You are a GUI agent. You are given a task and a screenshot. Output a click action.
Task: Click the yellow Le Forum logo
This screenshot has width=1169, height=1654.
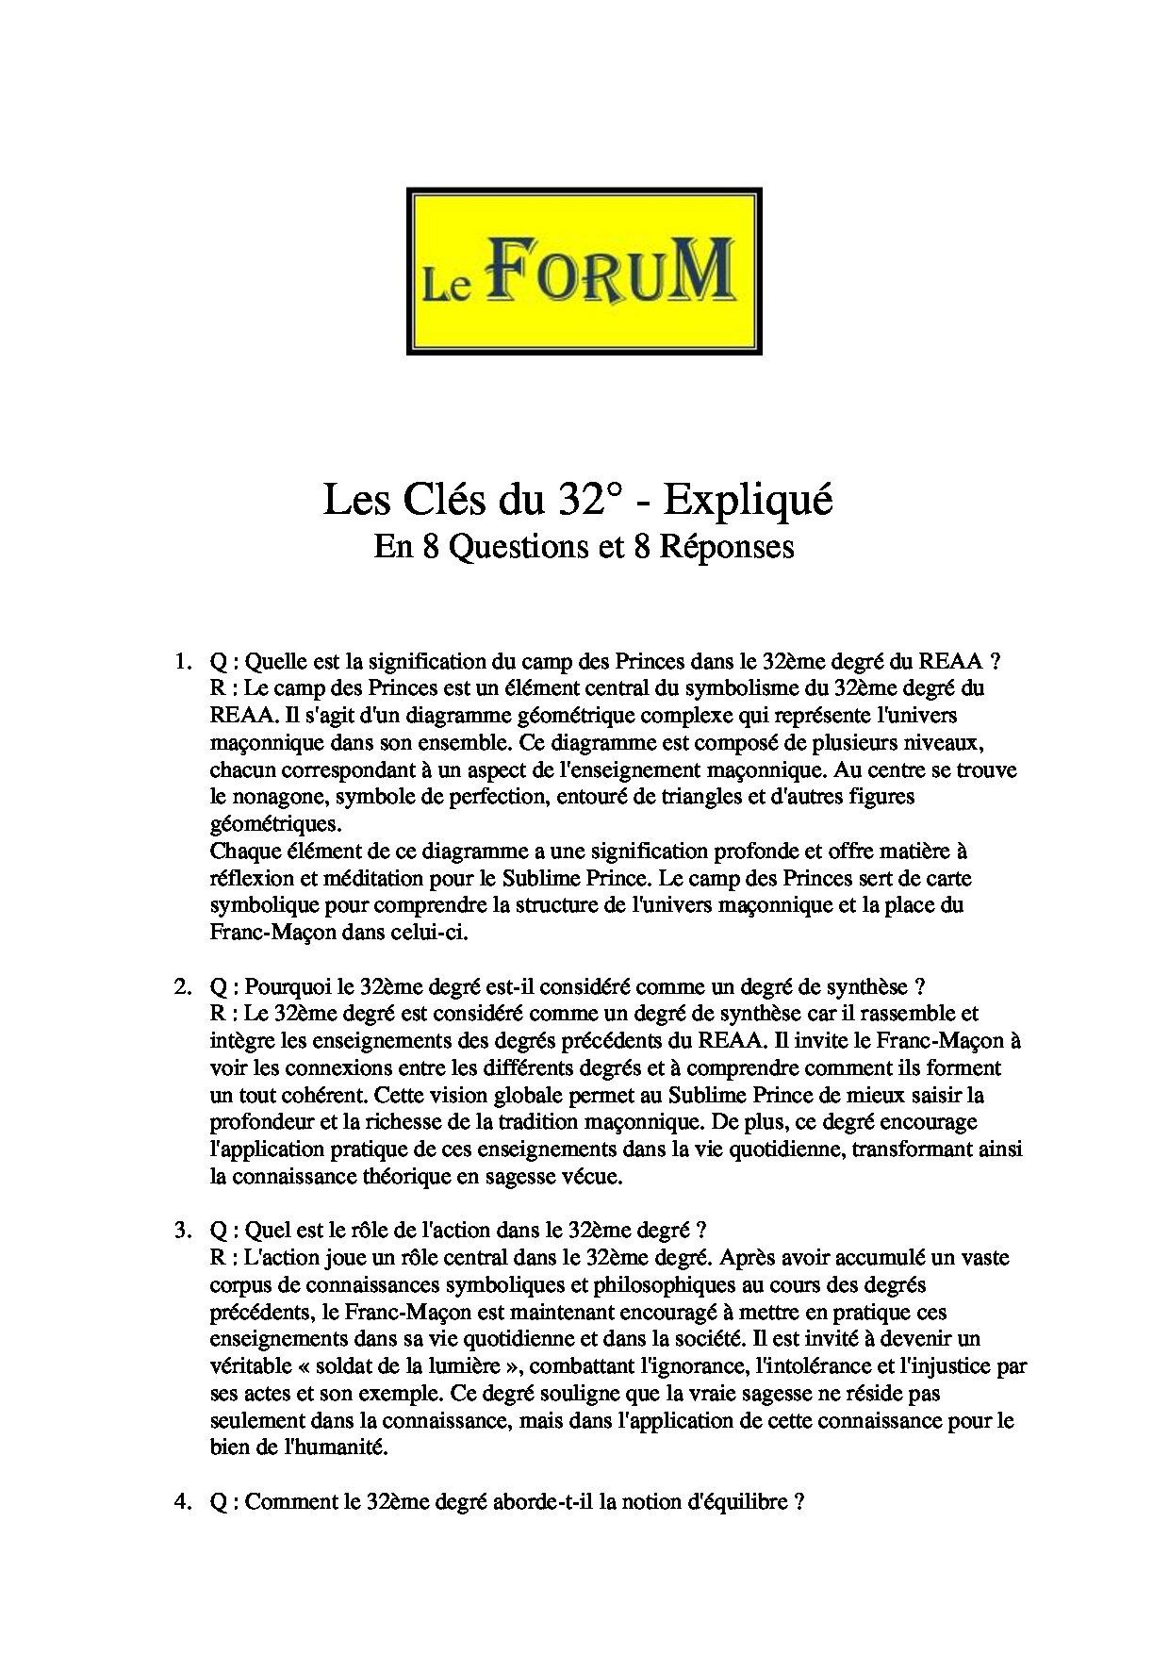point(584,271)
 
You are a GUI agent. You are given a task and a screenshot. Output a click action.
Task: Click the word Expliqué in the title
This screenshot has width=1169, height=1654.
point(748,501)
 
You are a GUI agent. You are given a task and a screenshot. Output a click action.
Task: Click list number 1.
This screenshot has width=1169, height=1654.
point(182,661)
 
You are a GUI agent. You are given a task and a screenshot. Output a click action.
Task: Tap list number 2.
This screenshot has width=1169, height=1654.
point(182,987)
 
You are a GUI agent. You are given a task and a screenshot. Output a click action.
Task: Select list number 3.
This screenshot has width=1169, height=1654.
point(182,1231)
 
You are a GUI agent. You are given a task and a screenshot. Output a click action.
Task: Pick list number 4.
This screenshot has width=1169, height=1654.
point(182,1502)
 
